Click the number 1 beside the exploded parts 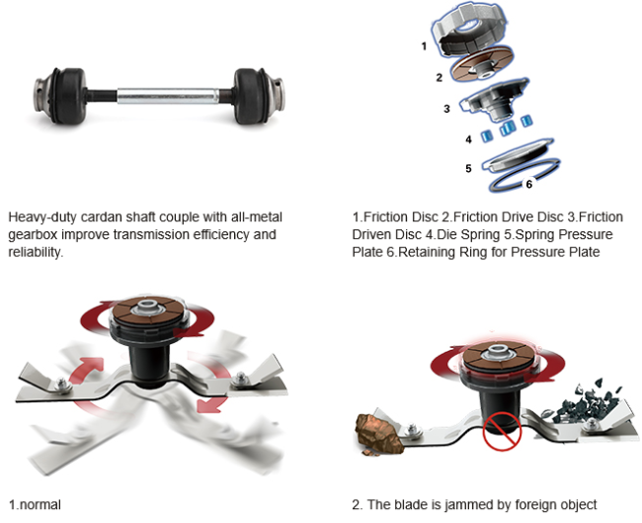tap(424, 46)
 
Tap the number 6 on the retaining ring tap(529, 185)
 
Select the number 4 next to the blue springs tap(468, 139)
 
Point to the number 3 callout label tap(446, 109)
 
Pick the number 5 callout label tap(468, 168)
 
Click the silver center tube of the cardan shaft tap(168, 96)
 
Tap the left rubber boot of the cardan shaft tap(69, 96)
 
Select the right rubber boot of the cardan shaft tap(251, 96)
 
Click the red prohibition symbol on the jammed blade tap(502, 431)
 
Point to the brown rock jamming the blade tap(378, 434)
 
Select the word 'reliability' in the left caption tap(36, 252)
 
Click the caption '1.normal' tap(35, 504)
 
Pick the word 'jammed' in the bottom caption tap(469, 504)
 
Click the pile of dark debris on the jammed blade tap(587, 400)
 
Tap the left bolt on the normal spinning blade tap(62, 384)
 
